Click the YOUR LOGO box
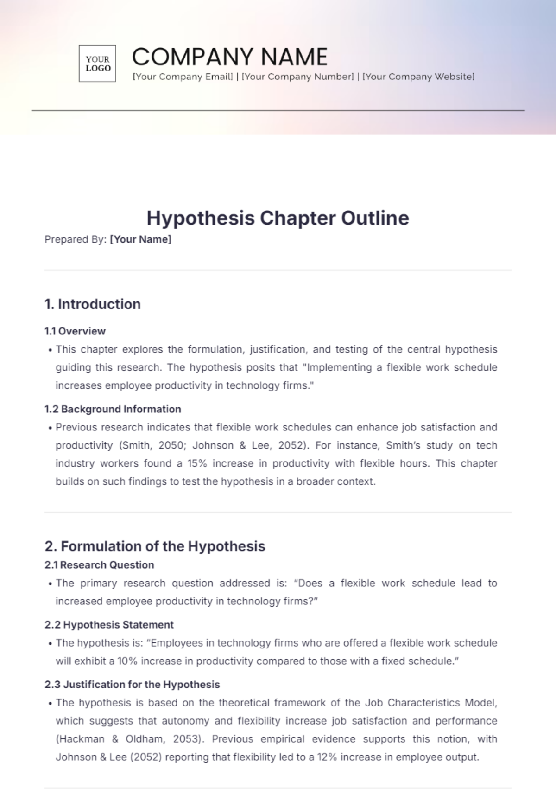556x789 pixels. tap(97, 64)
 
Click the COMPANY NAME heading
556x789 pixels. tap(229, 57)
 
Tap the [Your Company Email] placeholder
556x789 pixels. tap(183, 77)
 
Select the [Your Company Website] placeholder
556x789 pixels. tap(418, 77)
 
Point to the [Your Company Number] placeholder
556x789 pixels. tap(298, 77)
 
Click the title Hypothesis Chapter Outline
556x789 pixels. tap(278, 218)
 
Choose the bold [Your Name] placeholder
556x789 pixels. tap(140, 239)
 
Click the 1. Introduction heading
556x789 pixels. tap(93, 304)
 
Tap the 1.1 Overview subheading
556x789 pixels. tap(75, 331)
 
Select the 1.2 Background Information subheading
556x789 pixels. tap(113, 409)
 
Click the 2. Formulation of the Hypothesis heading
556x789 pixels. tap(155, 546)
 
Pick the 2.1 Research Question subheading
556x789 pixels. tap(99, 565)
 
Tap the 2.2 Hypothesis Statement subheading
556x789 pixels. tap(109, 625)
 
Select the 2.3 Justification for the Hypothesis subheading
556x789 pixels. tap(132, 685)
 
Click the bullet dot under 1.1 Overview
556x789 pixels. tap(50, 350)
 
